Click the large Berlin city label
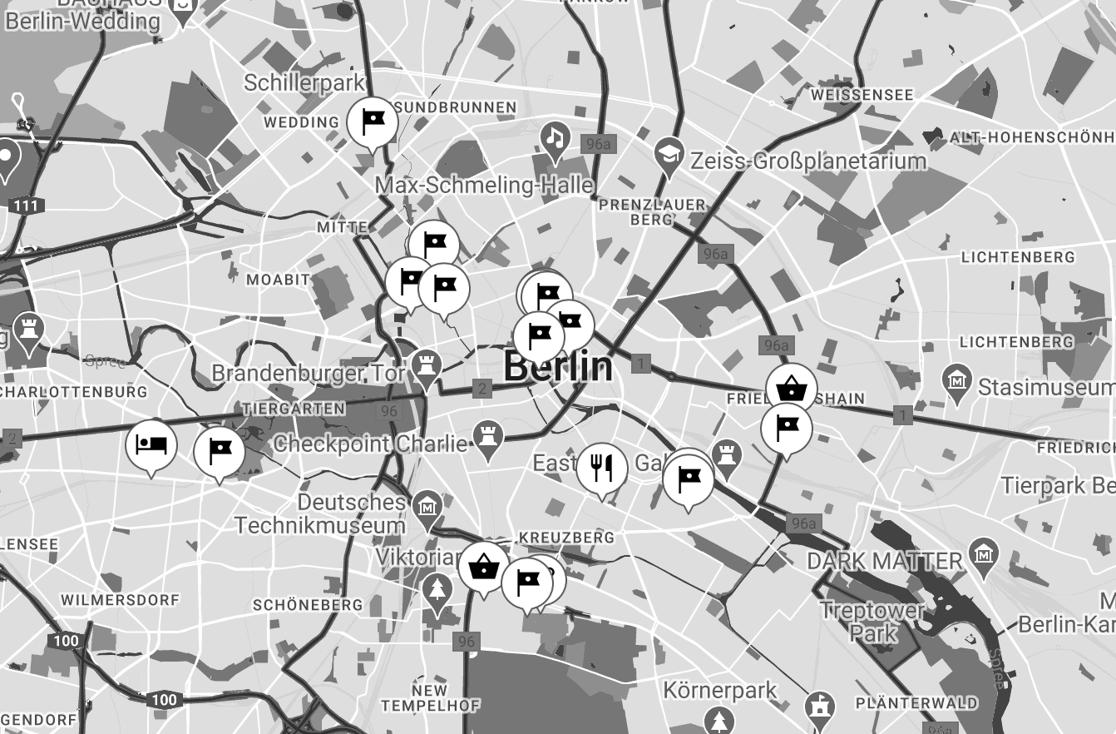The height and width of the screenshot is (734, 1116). [558, 367]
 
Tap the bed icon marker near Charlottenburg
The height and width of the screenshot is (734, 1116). [151, 444]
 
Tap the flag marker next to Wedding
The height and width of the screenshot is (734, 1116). [373, 122]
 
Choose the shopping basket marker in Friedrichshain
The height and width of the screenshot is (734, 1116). [791, 388]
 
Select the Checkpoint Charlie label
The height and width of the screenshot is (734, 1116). [370, 444]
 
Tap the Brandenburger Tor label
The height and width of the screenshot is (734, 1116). [308, 373]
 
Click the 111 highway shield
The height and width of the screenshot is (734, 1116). [28, 205]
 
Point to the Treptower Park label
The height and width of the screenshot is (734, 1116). [873, 621]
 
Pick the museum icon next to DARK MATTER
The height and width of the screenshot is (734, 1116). [984, 553]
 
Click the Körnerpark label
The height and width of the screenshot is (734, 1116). [720, 690]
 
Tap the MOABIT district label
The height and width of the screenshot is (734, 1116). [278, 280]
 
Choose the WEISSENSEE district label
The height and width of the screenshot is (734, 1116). [862, 95]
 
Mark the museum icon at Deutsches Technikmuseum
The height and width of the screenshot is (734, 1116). [427, 504]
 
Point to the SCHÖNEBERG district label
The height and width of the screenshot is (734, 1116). [307, 605]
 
